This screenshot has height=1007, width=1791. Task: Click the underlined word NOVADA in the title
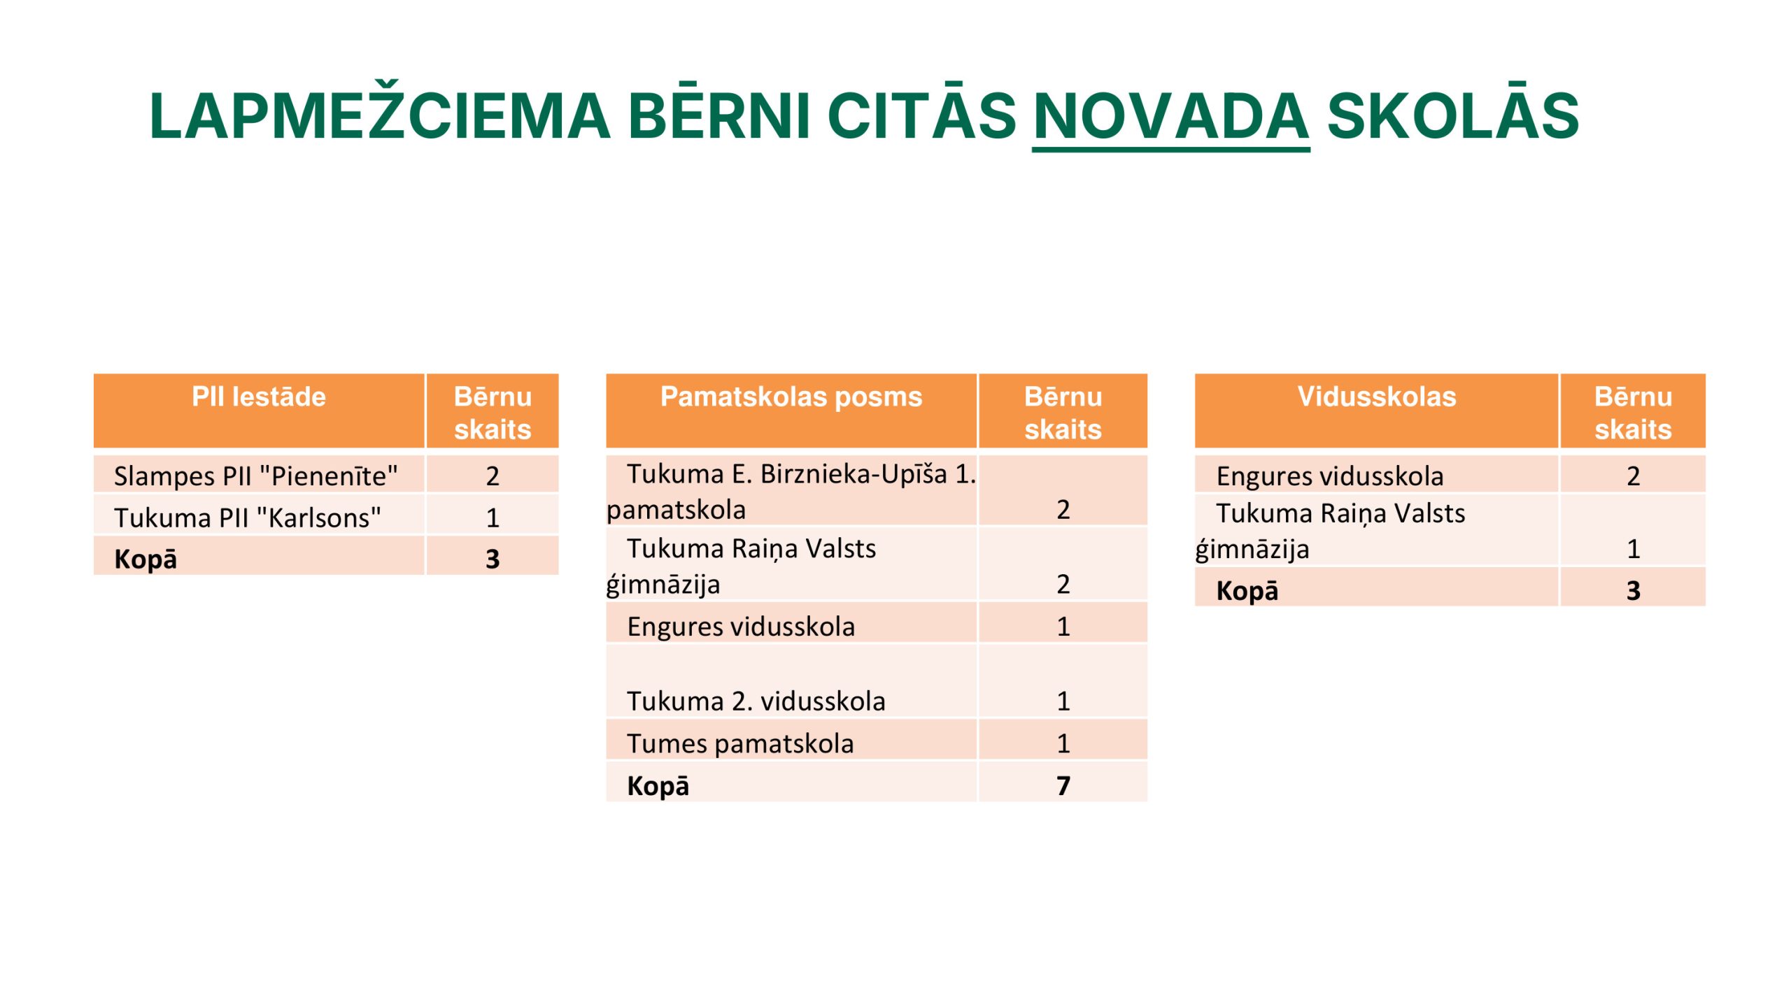1170,116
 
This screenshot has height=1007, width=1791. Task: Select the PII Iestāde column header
259,397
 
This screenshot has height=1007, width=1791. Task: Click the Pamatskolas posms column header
791,397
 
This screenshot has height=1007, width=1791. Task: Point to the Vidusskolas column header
1376,397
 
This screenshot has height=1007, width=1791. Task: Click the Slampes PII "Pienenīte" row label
256,476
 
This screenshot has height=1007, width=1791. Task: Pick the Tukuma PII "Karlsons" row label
248,517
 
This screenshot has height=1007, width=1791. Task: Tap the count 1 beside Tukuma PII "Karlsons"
493,517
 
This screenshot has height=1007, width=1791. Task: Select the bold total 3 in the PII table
493,559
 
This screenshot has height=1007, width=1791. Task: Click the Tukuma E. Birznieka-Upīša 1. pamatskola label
791,492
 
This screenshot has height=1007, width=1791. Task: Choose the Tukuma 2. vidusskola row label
756,701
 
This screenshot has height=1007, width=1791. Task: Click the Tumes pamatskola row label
740,743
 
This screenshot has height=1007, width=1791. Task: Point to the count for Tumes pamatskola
1063,743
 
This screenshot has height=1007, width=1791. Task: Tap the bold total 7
1063,785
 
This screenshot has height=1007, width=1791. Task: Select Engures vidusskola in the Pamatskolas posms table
741,627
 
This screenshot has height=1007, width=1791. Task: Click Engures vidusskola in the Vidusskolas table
1329,476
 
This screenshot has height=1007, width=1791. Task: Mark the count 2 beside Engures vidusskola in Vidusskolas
1633,476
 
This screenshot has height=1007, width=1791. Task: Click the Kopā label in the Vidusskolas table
1247,590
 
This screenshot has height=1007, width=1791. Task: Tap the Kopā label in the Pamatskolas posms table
658,785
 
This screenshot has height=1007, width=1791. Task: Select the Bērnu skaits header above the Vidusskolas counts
1633,413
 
